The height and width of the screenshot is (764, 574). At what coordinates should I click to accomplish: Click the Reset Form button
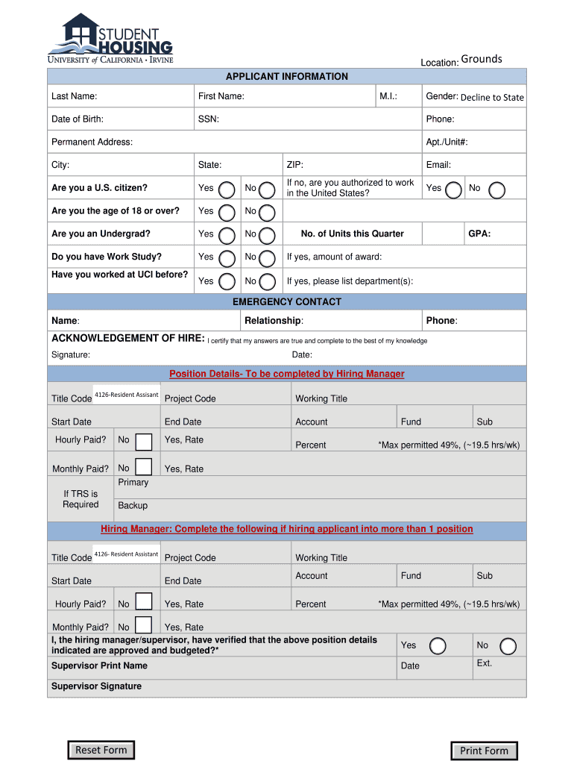pos(101,750)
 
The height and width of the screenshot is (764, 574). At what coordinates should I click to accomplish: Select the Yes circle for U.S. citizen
pos(229,190)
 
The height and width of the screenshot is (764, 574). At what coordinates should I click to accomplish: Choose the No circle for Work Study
pos(266,258)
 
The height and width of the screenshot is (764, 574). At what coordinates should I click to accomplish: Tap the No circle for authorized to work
pos(496,190)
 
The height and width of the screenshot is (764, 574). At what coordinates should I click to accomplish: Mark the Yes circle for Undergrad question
pos(229,235)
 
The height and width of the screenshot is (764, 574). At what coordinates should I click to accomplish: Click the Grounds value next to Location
pos(482,59)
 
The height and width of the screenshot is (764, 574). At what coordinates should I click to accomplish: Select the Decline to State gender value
pos(492,97)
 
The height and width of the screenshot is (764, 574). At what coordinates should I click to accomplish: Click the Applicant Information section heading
pos(287,76)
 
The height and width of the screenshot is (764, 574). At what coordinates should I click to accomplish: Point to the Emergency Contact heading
pos(287,301)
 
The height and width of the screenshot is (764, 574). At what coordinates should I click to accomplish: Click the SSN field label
pos(209,119)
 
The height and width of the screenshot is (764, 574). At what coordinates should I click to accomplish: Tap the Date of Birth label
pos(78,119)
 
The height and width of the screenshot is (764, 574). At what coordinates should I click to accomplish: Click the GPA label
pos(479,234)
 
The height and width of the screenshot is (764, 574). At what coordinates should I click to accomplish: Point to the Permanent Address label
pos(92,142)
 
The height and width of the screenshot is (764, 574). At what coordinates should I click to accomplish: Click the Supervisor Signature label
pos(96,686)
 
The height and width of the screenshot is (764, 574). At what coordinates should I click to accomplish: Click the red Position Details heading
pos(287,374)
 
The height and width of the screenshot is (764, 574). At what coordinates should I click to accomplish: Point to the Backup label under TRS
pos(133,505)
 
